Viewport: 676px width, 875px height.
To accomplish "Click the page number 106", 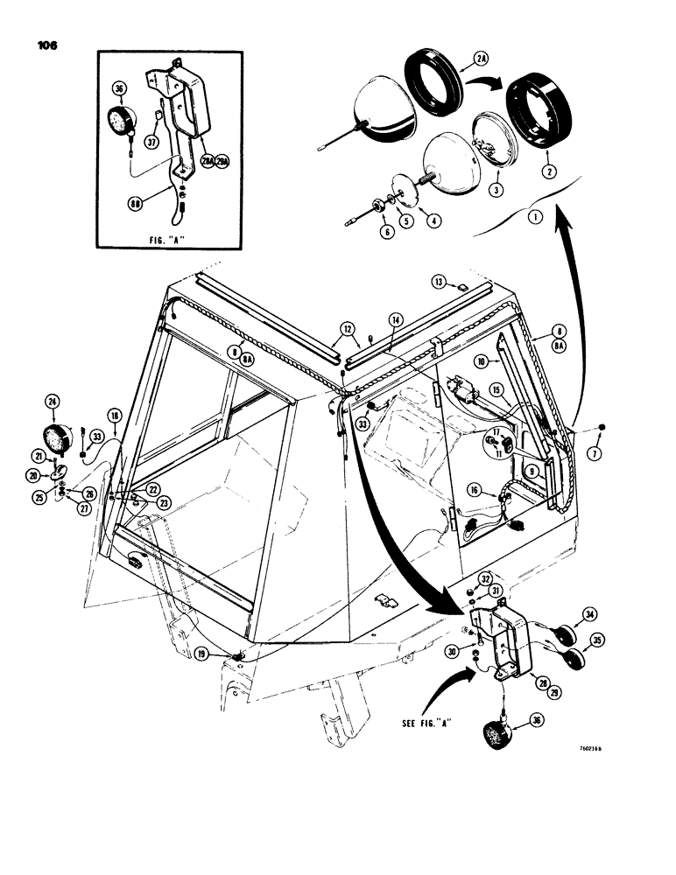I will pyautogui.click(x=43, y=46).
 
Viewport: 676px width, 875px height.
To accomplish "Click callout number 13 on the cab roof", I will pyautogui.click(x=440, y=281).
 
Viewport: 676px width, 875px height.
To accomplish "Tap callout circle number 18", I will pyautogui.click(x=114, y=416).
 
